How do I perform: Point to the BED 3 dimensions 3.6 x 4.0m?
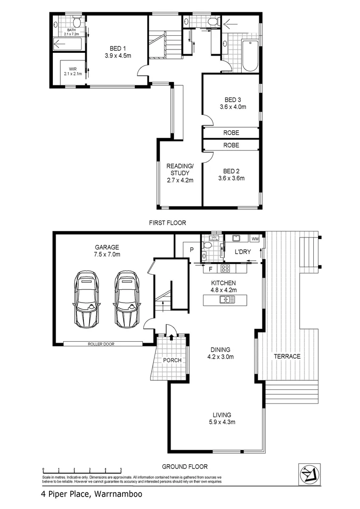pyautogui.click(x=233, y=107)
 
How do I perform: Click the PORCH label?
pyautogui.click(x=172, y=360)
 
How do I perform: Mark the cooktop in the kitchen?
pyautogui.click(x=225, y=269)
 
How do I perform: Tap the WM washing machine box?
pyautogui.click(x=255, y=239)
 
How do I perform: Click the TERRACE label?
pyautogui.click(x=287, y=356)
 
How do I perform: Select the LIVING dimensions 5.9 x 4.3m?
pyautogui.click(x=223, y=422)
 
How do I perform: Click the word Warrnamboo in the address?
pyautogui.click(x=118, y=494)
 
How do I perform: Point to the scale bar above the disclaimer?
pyautogui.click(x=82, y=470)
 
